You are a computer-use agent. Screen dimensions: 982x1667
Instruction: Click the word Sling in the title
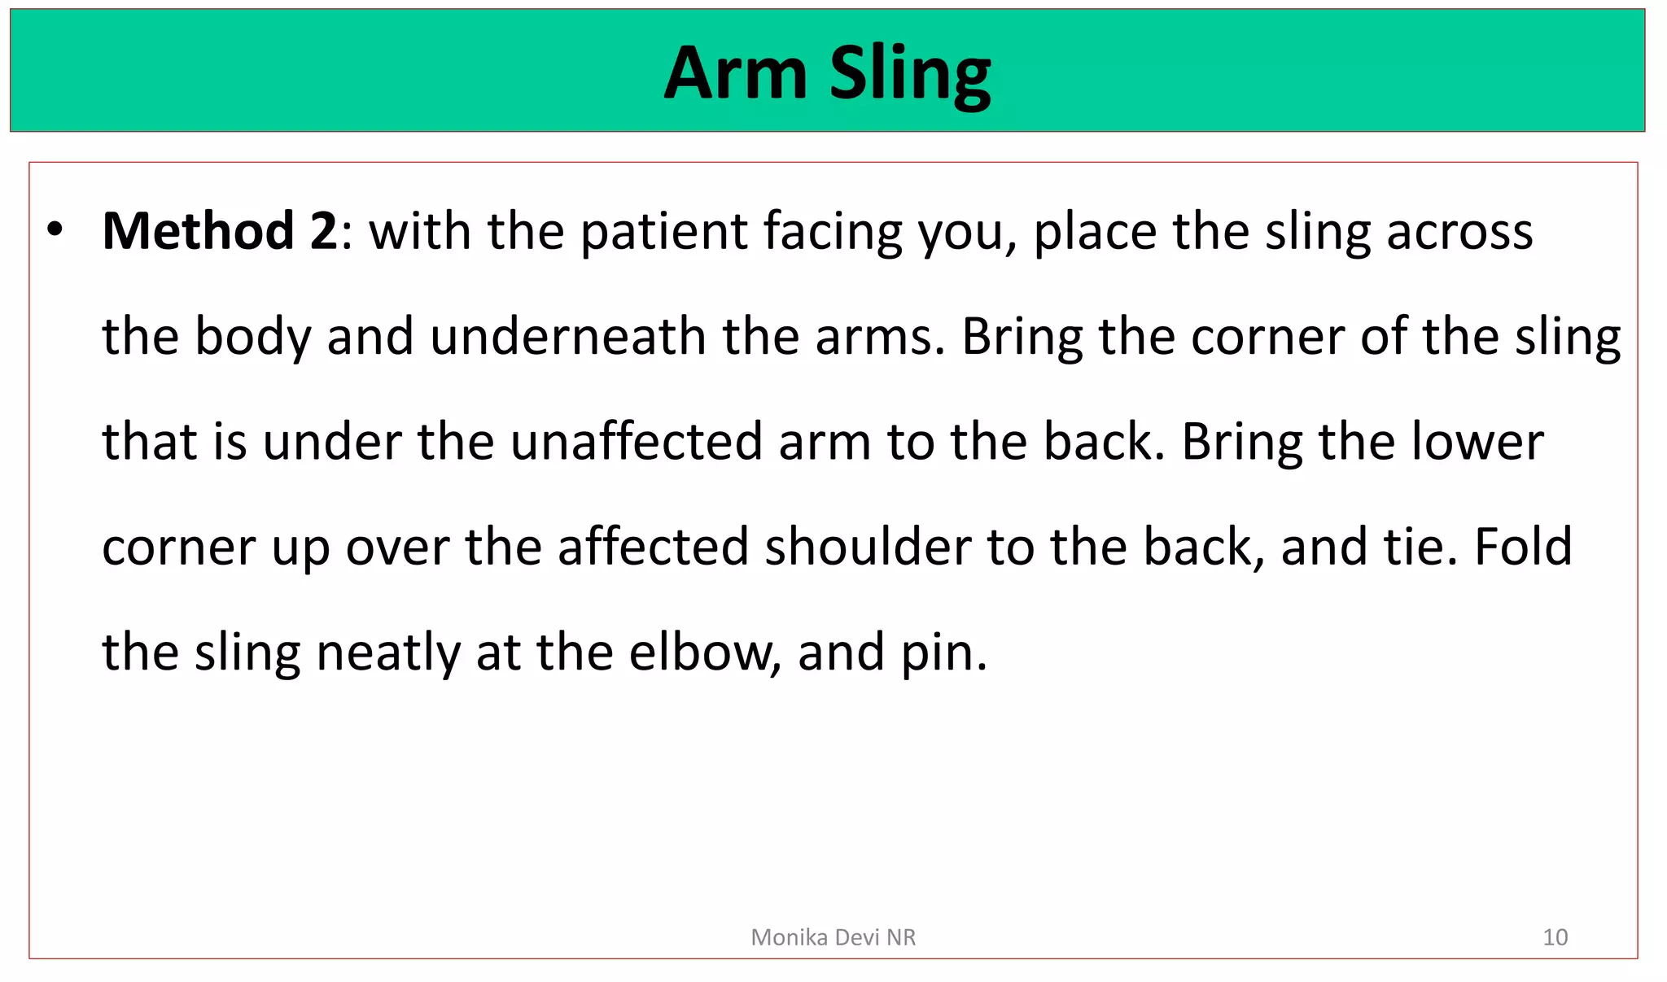[x=910, y=75]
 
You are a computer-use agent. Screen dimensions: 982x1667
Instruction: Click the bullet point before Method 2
[x=55, y=229]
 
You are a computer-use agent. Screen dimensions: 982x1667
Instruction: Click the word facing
[x=833, y=233]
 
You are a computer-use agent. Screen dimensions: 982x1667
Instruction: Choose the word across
[x=1459, y=231]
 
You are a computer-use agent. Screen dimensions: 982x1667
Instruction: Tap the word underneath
[x=568, y=337]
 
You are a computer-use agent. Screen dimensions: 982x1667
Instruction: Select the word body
[x=253, y=337]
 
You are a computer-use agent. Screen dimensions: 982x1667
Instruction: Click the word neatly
[x=387, y=652]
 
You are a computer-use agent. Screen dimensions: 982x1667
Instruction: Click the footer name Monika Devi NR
[x=833, y=937]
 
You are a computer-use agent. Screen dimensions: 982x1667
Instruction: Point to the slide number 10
[x=1555, y=937]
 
